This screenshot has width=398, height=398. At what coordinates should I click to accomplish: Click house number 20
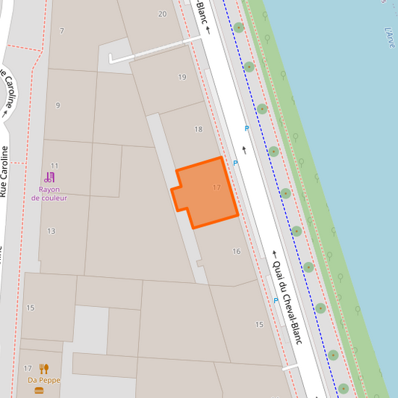tap(162, 14)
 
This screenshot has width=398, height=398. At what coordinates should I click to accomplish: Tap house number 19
tap(182, 77)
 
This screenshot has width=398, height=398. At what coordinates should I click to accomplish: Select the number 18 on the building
tap(199, 129)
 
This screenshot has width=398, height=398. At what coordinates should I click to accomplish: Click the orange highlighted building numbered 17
tap(205, 193)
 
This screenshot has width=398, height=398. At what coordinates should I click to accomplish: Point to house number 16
tap(237, 252)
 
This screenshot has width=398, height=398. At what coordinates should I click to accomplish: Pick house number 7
tap(62, 31)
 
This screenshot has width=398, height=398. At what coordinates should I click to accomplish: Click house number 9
tap(57, 105)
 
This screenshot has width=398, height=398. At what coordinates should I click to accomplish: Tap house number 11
tap(55, 165)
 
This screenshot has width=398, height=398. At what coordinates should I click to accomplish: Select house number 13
tap(52, 231)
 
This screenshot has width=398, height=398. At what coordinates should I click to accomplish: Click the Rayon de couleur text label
tap(49, 193)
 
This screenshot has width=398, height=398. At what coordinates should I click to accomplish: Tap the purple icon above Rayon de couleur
tap(49, 178)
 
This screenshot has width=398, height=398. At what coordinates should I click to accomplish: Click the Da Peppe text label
tap(43, 380)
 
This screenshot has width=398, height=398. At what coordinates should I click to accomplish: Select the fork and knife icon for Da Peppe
tap(44, 369)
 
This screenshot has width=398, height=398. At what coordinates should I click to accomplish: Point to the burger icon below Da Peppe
tap(39, 391)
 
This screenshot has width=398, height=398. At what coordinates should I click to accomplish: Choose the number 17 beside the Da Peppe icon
tap(28, 369)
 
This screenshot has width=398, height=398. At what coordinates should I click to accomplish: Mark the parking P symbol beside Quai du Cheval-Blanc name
tap(276, 300)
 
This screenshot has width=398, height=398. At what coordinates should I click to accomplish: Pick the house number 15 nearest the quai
tap(259, 325)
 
